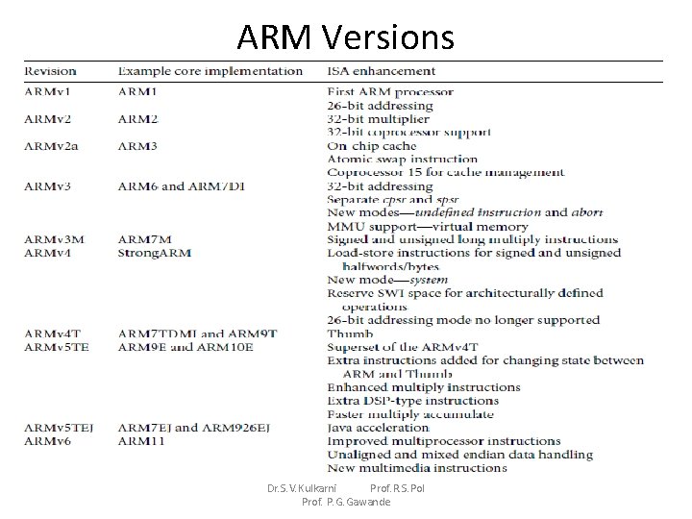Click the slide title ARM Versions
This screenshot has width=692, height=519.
coord(345,37)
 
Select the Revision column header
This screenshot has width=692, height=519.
coord(51,71)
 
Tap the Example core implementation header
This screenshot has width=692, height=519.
coord(210,71)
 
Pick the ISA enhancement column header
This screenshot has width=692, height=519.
coord(383,71)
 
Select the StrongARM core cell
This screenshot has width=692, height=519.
coord(154,253)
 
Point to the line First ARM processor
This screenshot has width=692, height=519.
coord(390,92)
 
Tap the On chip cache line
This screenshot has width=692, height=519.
coord(373,146)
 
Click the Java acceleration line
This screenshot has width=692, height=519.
coord(378,428)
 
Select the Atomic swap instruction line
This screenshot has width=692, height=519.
coord(402,160)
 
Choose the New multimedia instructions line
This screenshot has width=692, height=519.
coord(416,468)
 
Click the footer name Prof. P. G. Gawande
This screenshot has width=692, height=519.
coord(346,502)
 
